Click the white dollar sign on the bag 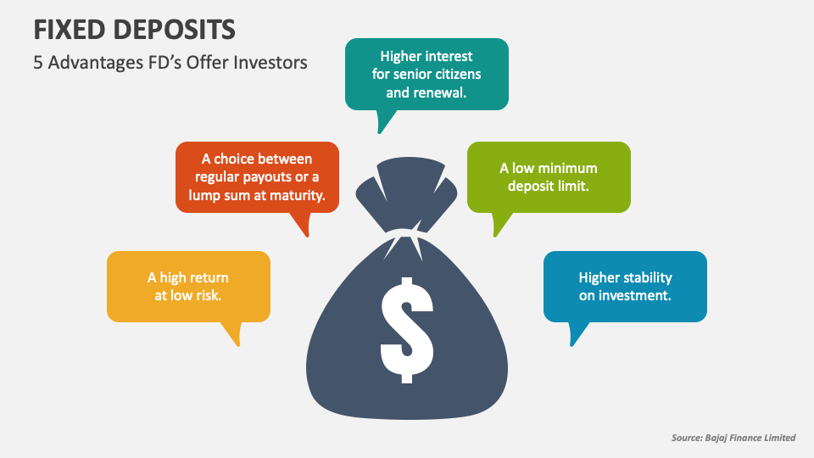[407, 330]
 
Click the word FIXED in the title [70, 30]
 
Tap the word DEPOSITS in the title [175, 30]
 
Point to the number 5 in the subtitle [38, 63]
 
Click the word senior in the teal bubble [412, 75]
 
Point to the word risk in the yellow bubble [209, 295]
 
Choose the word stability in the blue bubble [649, 278]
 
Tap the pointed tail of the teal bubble [380, 132]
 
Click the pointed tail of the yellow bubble [238, 345]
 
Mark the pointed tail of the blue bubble [571, 345]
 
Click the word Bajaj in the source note [717, 438]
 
